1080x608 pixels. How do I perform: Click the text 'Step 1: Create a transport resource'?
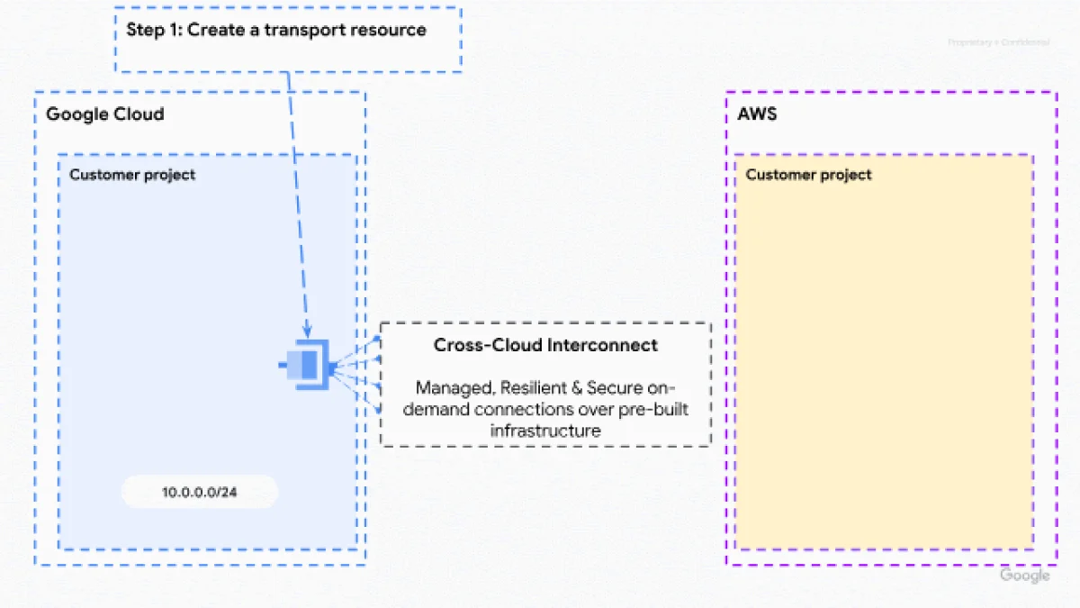(x=275, y=30)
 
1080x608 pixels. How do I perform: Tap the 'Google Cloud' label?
(x=105, y=114)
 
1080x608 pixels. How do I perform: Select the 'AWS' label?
(x=744, y=114)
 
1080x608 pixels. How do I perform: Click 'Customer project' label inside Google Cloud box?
(x=132, y=175)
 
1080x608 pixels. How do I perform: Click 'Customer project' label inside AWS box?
(x=808, y=175)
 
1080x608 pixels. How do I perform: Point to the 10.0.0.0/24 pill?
(x=200, y=493)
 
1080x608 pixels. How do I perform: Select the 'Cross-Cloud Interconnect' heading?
(x=545, y=345)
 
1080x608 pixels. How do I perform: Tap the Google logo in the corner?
(x=1024, y=576)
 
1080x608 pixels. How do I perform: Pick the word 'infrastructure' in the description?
(x=545, y=431)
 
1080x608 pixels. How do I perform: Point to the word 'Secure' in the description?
(x=616, y=388)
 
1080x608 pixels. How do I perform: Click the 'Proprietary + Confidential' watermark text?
(x=998, y=42)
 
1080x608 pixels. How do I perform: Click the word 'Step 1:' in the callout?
(x=154, y=30)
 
